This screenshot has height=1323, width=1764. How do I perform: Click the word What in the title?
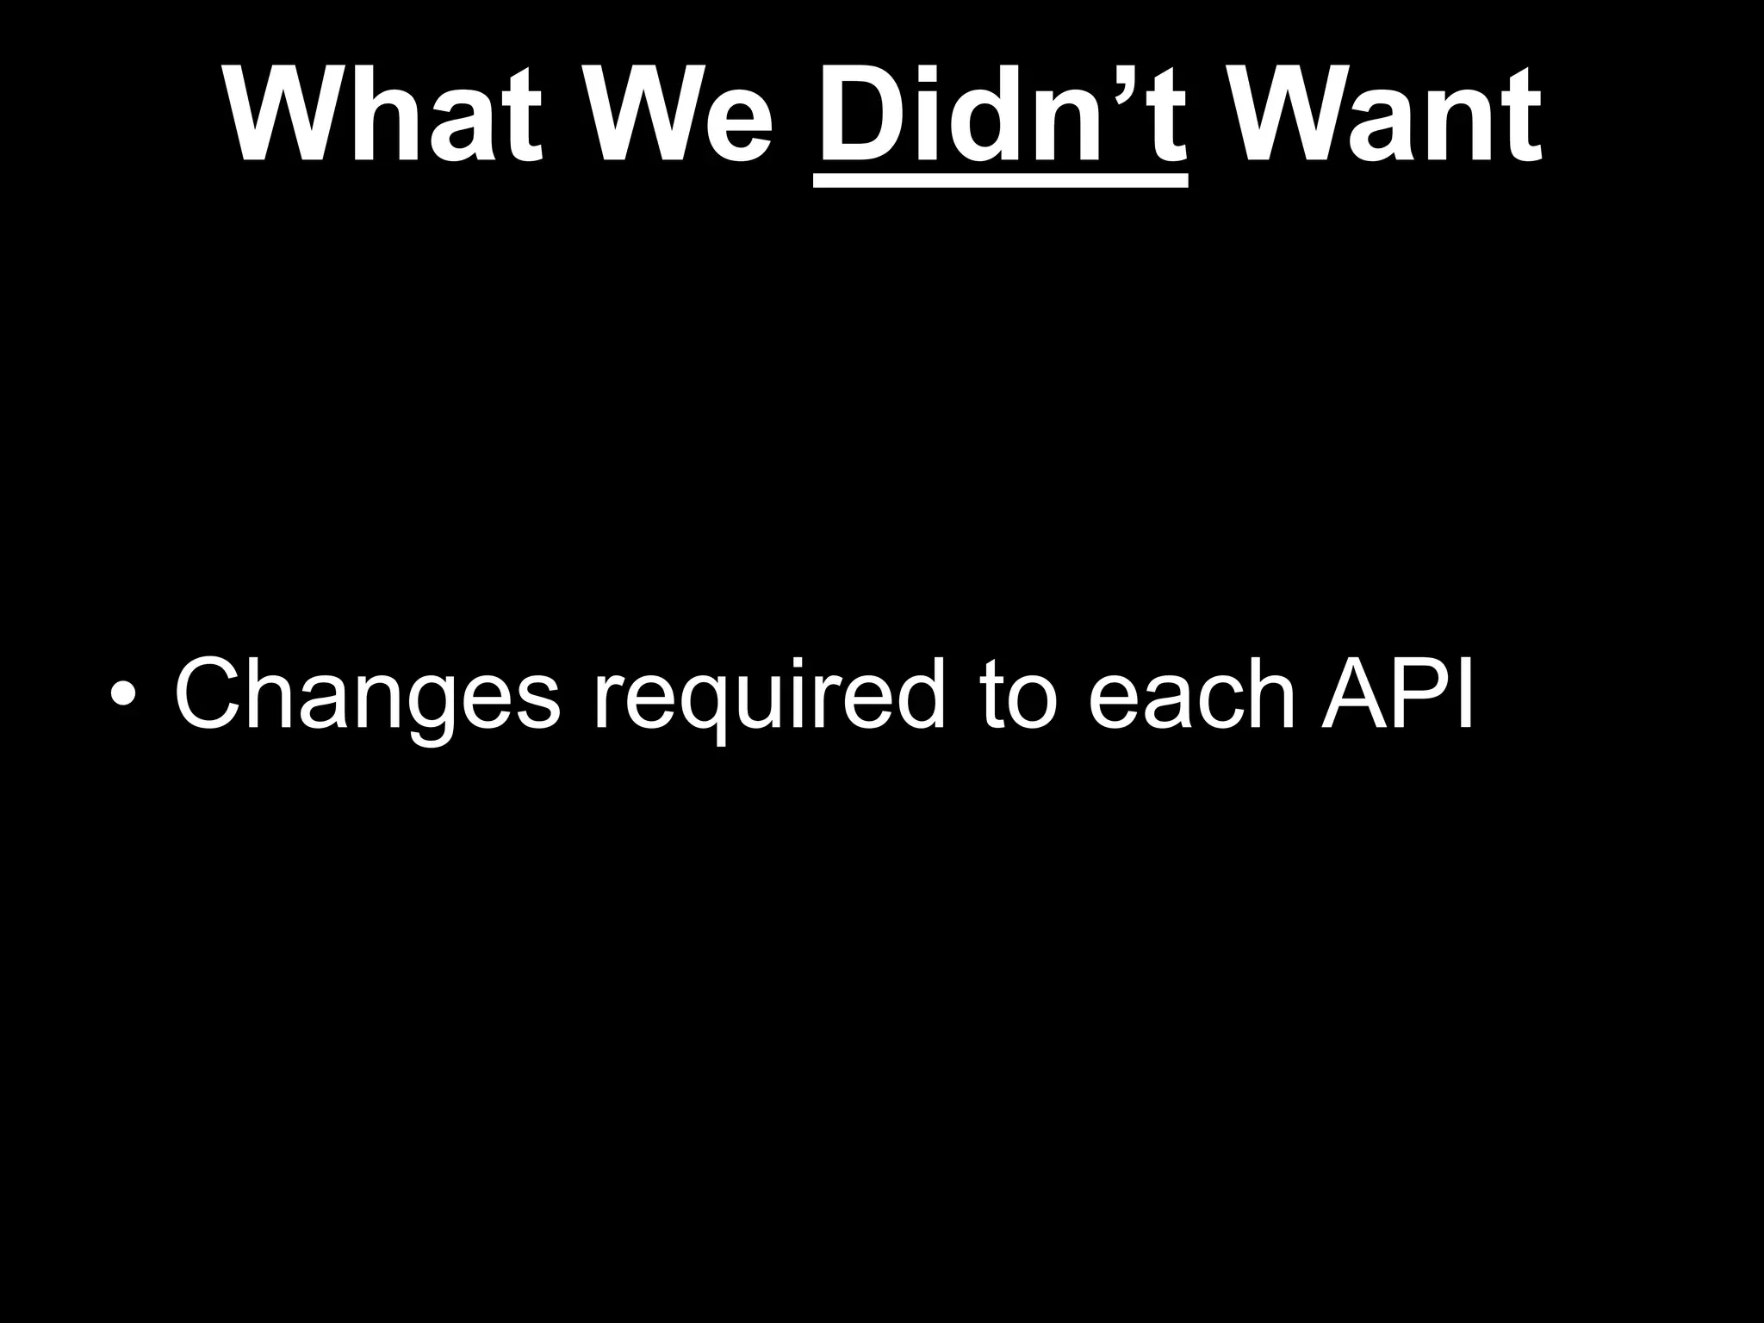tap(384, 115)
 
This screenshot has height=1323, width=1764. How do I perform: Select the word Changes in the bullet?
tap(367, 694)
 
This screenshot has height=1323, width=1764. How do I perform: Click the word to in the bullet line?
tap(1017, 694)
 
